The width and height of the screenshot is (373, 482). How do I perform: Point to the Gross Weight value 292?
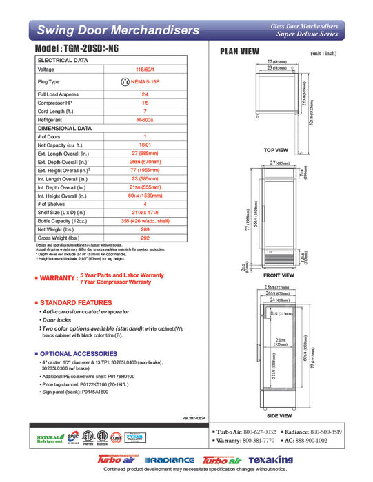145,238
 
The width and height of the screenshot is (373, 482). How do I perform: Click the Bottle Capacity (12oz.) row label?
63,221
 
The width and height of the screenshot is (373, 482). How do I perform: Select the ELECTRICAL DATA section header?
63,61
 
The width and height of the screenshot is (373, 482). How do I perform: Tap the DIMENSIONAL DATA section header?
64,128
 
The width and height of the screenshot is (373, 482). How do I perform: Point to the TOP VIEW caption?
276,150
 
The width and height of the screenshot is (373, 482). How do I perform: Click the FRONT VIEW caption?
279,275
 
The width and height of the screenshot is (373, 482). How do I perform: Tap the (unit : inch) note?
324,53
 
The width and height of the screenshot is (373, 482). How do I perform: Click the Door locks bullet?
59,320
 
